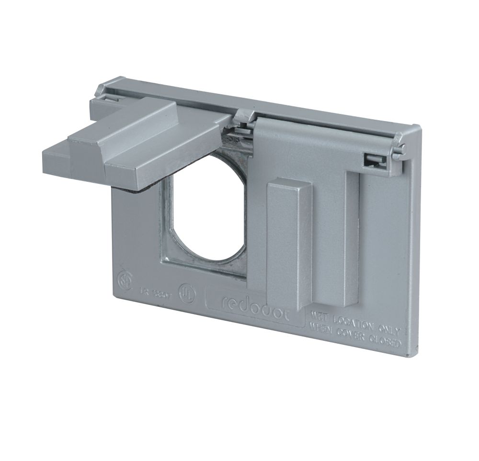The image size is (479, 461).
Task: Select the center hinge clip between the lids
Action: click(245, 116)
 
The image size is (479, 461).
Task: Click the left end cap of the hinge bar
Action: click(102, 90)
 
